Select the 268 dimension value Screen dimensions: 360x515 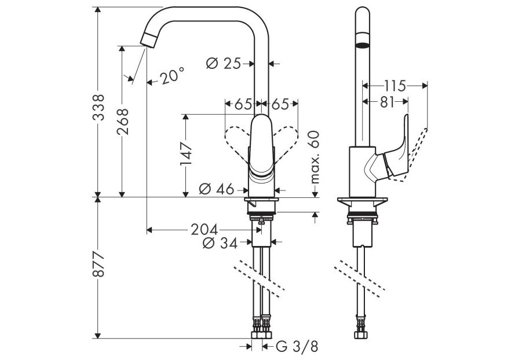click(x=122, y=121)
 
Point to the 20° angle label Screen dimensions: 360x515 click(x=172, y=75)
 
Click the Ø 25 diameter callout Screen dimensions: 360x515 click(x=224, y=63)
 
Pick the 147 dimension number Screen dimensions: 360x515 click(x=185, y=154)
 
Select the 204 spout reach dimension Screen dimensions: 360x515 click(x=204, y=229)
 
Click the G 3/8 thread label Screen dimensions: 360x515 click(x=297, y=347)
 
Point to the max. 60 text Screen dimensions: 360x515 click(x=314, y=156)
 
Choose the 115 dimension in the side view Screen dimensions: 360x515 click(x=395, y=86)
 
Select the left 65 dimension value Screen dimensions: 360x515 click(x=243, y=104)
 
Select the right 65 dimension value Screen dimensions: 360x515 click(x=280, y=104)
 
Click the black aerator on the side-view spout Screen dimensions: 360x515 click(x=362, y=46)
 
